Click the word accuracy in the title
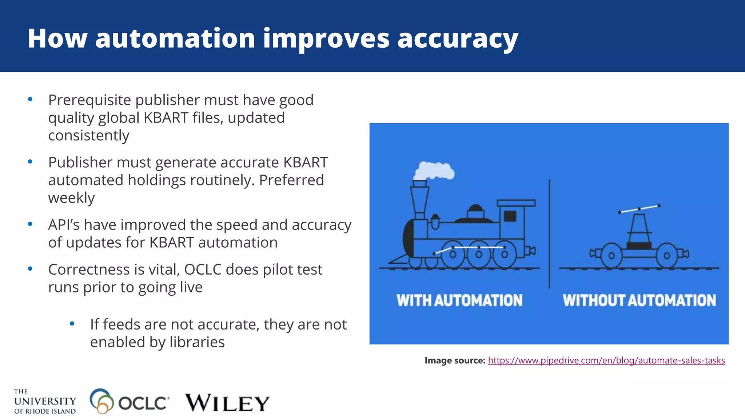[458, 39]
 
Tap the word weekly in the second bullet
[71, 198]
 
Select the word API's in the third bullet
[64, 225]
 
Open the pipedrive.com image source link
[606, 360]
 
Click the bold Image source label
[455, 360]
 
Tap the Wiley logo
[227, 403]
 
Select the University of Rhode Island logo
[45, 402]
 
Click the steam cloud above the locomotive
[434, 171]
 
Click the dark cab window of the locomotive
[510, 216]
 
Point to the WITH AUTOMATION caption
[459, 300]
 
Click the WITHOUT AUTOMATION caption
[639, 300]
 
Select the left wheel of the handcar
[611, 255]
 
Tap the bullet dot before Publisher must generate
[30, 161]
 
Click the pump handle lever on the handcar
[639, 209]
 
